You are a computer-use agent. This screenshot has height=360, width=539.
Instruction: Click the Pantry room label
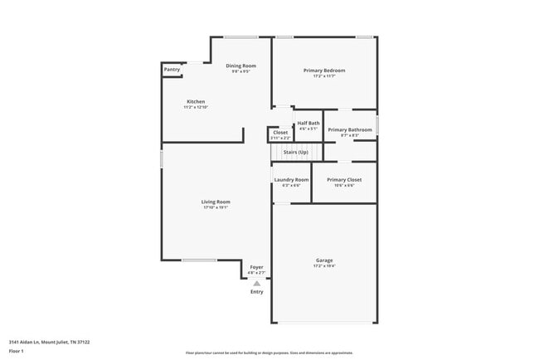tap(172, 70)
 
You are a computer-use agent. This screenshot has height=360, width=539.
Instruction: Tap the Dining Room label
tap(241, 66)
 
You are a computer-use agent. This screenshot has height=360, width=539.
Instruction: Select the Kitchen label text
tap(196, 101)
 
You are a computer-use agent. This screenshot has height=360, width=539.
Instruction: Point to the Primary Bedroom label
tap(324, 71)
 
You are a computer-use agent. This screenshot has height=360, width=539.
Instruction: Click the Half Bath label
tap(308, 123)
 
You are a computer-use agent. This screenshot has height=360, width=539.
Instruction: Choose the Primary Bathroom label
tap(350, 129)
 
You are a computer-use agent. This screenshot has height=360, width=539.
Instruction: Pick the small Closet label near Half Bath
tap(280, 132)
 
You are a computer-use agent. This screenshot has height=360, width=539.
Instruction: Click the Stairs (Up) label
tap(295, 152)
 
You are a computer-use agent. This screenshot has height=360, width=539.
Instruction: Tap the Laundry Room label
tap(291, 179)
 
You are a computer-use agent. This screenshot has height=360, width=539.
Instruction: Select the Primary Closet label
tap(344, 179)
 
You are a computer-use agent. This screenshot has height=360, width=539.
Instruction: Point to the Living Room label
tap(216, 202)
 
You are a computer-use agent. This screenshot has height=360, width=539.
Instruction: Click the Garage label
tap(324, 260)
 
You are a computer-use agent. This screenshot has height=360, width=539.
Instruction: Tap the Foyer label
tap(257, 267)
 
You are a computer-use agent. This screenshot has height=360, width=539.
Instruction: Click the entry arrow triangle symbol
tap(257, 284)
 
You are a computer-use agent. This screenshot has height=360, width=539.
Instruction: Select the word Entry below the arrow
tap(257, 292)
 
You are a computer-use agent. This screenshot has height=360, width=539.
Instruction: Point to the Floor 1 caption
tap(17, 351)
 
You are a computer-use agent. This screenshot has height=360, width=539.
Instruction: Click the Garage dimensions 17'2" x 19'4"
tap(324, 265)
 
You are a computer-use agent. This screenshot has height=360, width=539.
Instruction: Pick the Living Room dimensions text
tap(216, 207)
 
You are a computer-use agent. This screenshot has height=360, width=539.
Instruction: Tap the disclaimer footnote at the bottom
tap(269, 353)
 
